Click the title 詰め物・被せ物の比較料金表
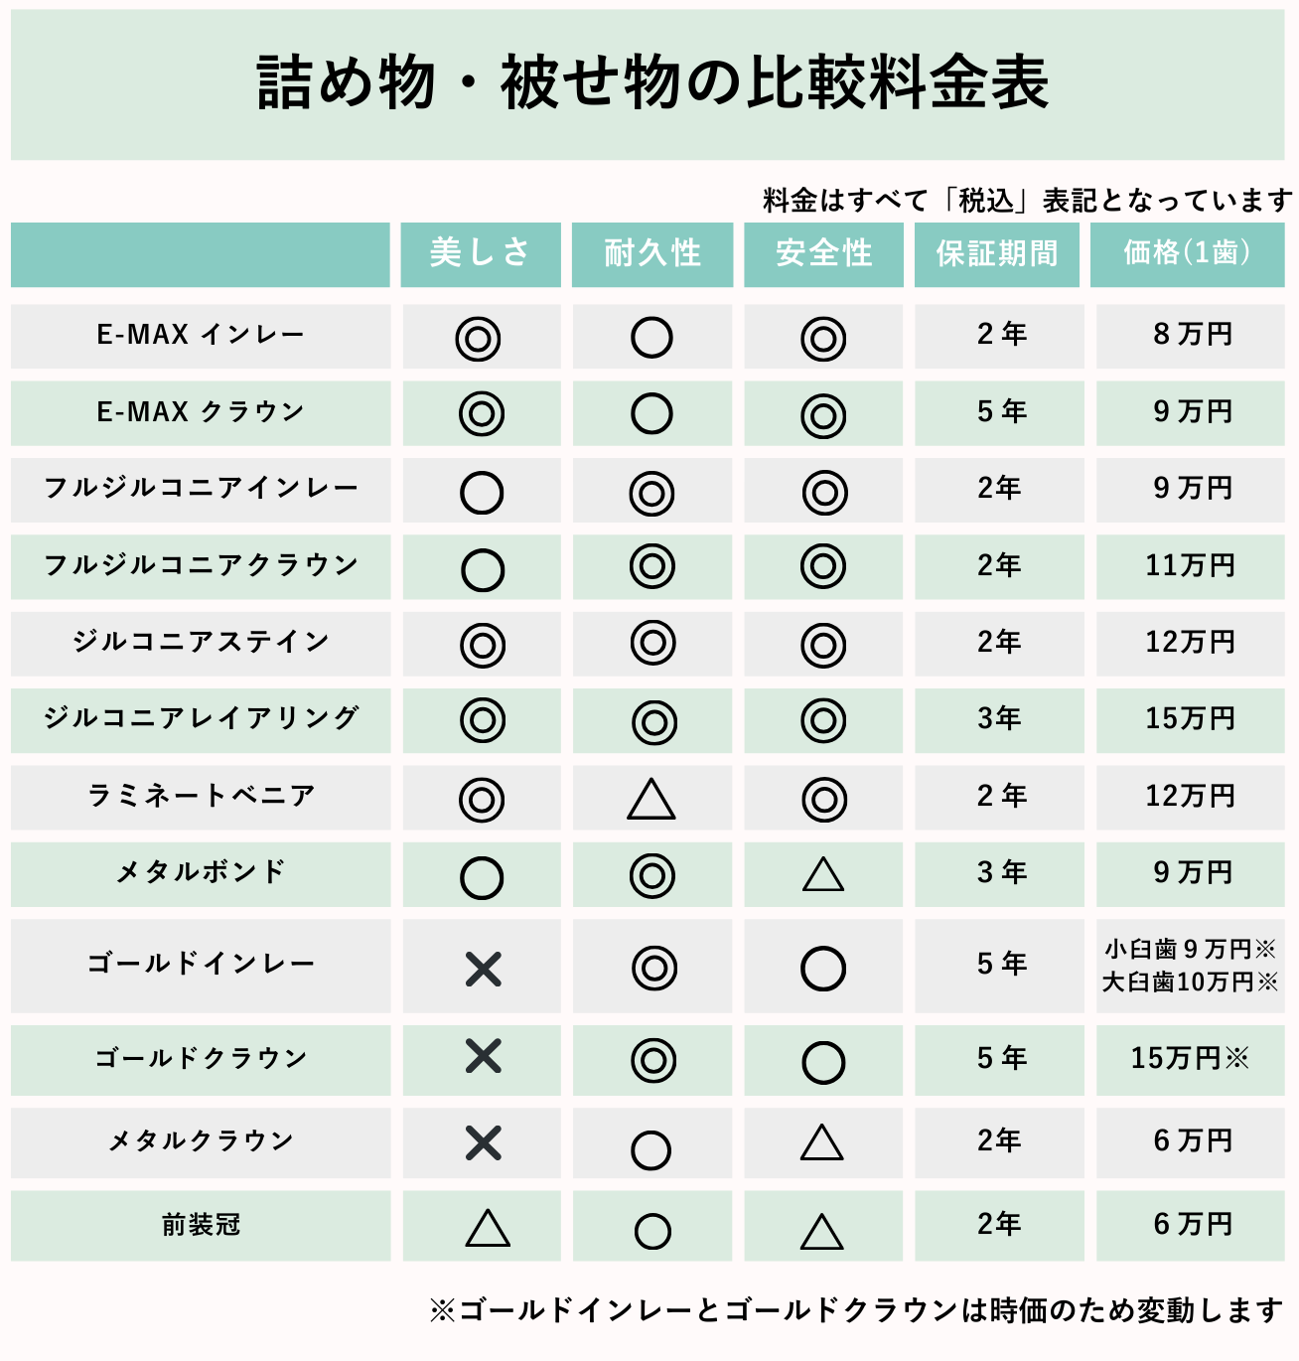tap(651, 82)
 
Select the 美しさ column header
tap(480, 253)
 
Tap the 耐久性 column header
tap(651, 253)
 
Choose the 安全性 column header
tap(823, 253)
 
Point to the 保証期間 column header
tap(996, 253)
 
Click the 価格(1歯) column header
tap(1187, 253)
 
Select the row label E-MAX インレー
tap(200, 335)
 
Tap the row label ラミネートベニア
tap(201, 796)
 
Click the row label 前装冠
tap(201, 1225)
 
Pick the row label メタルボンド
tap(201, 872)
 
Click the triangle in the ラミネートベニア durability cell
tap(651, 800)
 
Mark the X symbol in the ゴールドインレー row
tap(483, 968)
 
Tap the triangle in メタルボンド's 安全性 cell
tap(823, 875)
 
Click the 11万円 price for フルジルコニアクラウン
tap(1190, 565)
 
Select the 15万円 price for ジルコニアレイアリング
tap(1190, 718)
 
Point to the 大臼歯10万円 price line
tap(1189, 983)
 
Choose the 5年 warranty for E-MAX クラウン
tap(1001, 411)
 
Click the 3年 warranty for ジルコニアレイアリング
tap(999, 718)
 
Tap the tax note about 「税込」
tap(1027, 201)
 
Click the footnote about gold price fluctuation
tap(856, 1310)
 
